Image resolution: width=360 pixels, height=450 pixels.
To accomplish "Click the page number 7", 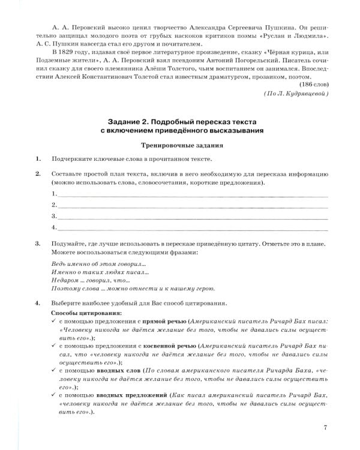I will pos(324,427).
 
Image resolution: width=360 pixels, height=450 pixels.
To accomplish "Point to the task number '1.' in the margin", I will pos(38,158).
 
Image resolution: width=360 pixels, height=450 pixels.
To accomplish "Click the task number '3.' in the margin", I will pos(38,245).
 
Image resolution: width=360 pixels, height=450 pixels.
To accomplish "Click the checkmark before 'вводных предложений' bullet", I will pos(55,397).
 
